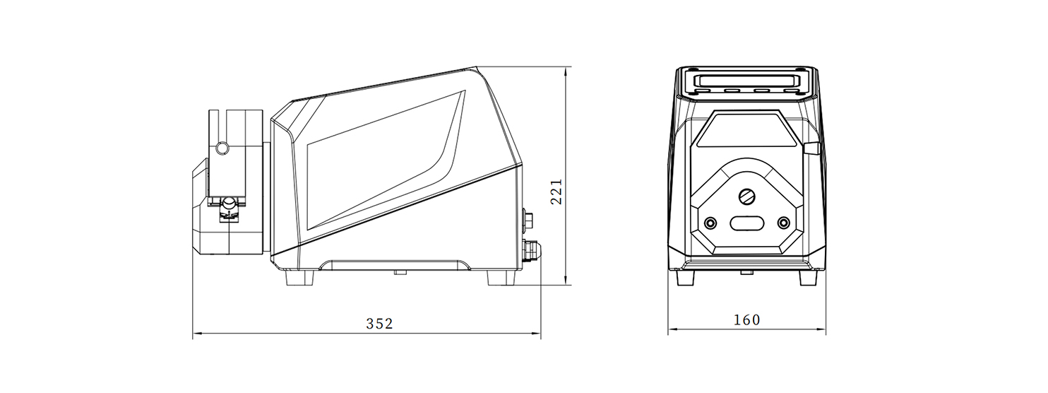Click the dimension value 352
[379, 324]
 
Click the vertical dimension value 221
[556, 192]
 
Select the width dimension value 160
[746, 320]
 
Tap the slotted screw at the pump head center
[746, 196]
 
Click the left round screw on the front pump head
[710, 223]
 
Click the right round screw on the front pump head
[783, 223]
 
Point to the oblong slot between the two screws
[746, 223]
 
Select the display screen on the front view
[746, 80]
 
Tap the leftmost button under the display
[702, 90]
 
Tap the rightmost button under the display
[791, 90]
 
